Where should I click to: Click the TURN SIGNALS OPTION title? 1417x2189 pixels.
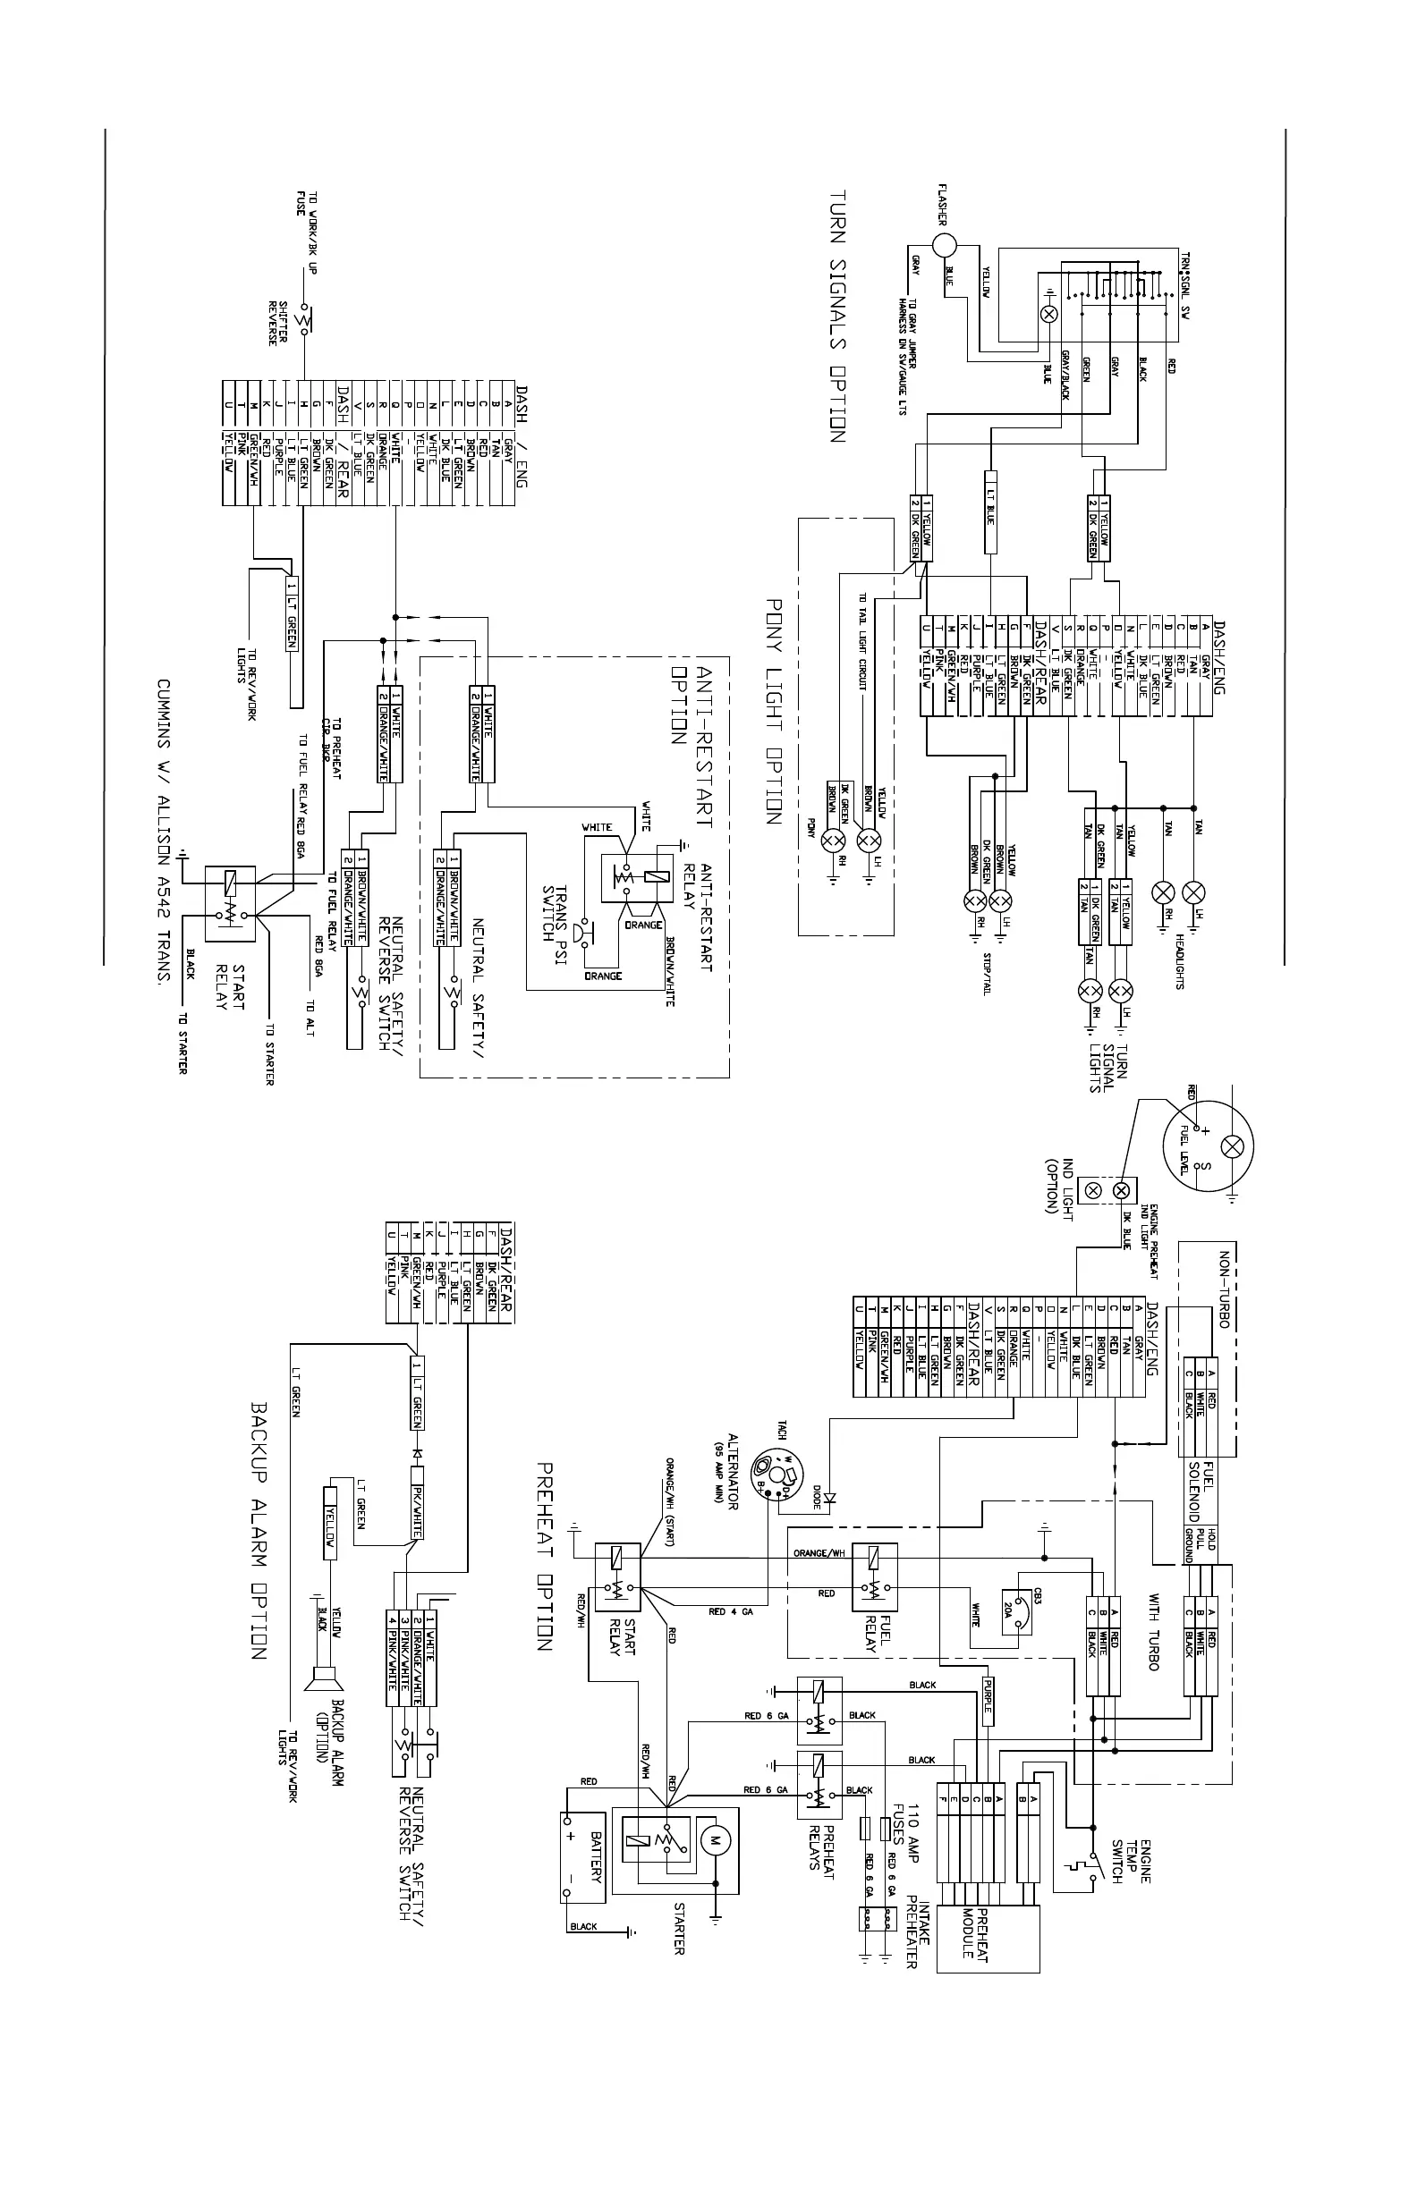pos(837,317)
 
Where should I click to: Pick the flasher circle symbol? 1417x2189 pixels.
pos(945,246)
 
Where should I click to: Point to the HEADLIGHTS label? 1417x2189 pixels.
pos(1181,960)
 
